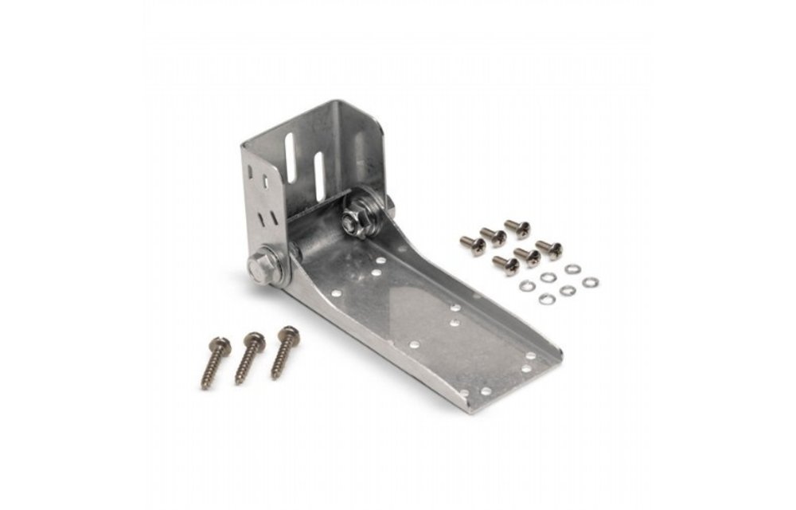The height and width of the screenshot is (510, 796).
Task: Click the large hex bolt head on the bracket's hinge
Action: [x=263, y=267]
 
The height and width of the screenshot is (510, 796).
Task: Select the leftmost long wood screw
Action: [x=215, y=362]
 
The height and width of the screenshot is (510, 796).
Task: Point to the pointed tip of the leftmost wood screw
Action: [x=204, y=386]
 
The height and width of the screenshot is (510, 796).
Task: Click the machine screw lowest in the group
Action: [x=506, y=265]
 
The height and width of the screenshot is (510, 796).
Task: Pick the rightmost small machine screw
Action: [x=549, y=249]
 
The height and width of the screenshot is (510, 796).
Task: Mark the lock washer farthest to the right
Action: [x=590, y=282]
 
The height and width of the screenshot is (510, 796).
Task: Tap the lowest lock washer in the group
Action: [x=546, y=299]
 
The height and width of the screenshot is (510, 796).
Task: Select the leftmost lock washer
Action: [x=526, y=285]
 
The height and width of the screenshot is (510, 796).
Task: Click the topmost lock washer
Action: [x=572, y=269]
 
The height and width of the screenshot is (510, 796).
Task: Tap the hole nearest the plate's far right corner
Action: [x=531, y=355]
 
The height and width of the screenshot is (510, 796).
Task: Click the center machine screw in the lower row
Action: [x=526, y=256]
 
